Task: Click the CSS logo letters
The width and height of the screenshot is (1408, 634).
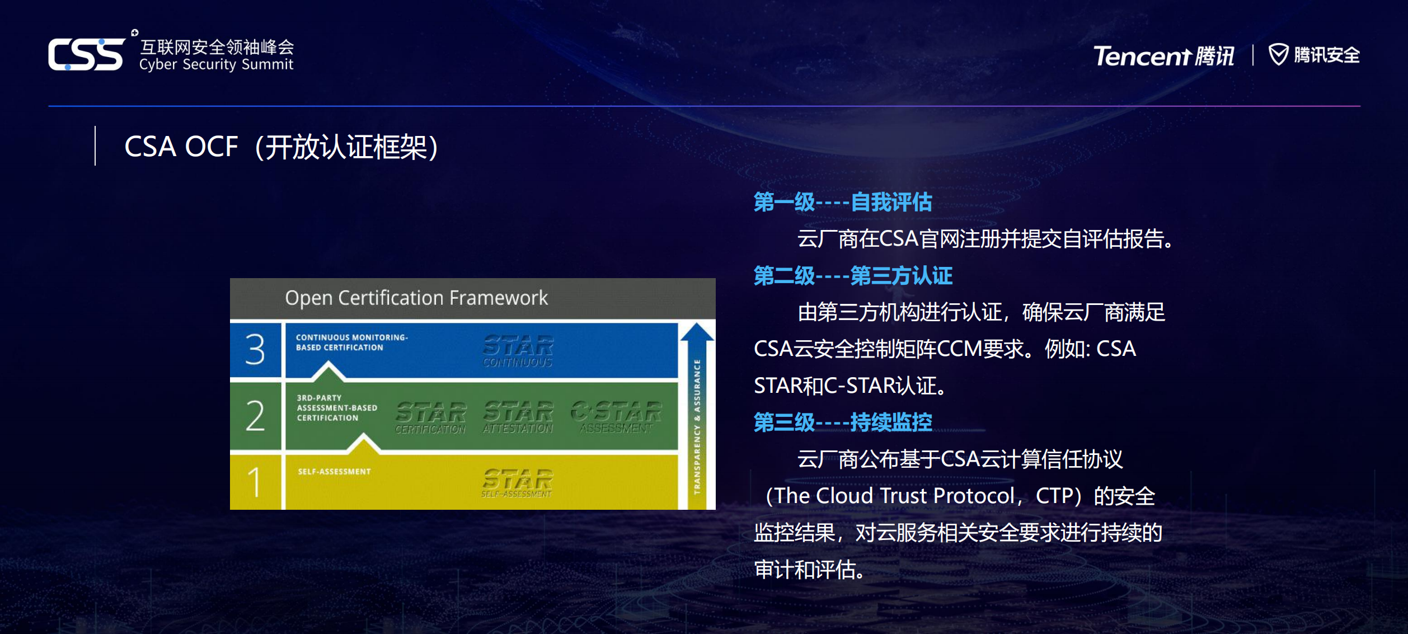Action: click(86, 54)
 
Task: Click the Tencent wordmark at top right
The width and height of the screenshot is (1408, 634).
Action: click(1142, 56)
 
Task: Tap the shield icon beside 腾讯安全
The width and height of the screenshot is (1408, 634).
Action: click(1278, 54)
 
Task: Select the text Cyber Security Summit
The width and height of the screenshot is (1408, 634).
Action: click(216, 64)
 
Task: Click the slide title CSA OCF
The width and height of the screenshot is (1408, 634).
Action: click(181, 147)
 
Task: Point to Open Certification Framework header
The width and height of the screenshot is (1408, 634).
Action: click(416, 298)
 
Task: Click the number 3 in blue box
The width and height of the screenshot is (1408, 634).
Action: click(255, 350)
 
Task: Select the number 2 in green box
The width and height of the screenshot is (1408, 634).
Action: click(255, 416)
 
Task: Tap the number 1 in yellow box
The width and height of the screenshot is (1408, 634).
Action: click(255, 481)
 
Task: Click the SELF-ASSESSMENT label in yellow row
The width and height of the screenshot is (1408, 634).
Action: click(334, 472)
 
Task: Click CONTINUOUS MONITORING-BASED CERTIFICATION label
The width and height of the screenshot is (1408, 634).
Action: click(351, 342)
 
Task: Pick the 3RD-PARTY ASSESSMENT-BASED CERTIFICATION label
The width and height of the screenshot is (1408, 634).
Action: click(336, 408)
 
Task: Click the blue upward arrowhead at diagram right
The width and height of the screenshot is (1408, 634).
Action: click(697, 332)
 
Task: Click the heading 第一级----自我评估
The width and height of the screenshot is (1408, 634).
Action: click(842, 202)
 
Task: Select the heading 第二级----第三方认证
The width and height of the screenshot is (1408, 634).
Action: click(852, 276)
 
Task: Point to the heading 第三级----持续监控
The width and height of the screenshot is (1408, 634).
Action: click(842, 422)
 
